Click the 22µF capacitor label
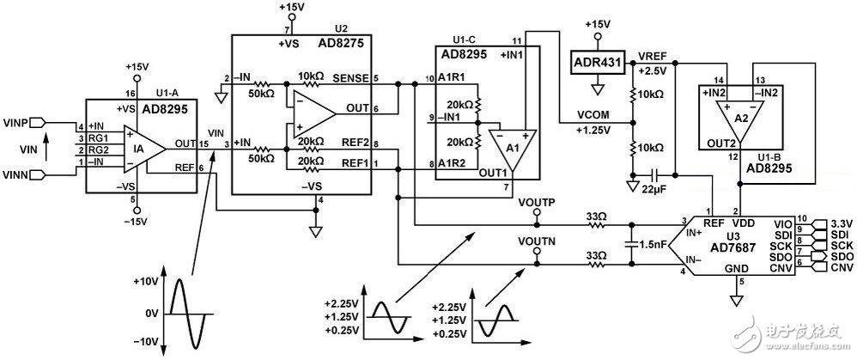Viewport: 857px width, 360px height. click(655, 187)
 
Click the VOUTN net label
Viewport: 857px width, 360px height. click(538, 242)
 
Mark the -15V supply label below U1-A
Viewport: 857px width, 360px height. click(133, 222)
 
